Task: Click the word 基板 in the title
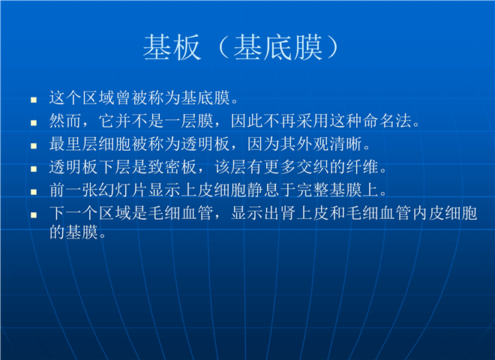pyautogui.click(x=172, y=48)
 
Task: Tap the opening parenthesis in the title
pyautogui.click(x=223, y=48)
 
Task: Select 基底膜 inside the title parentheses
pyautogui.click(x=277, y=48)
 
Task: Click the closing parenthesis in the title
pyautogui.click(x=332, y=48)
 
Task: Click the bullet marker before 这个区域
pyautogui.click(x=34, y=100)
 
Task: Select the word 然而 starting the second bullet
pyautogui.click(x=65, y=121)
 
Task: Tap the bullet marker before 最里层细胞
pyautogui.click(x=34, y=146)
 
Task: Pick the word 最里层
pyautogui.click(x=73, y=144)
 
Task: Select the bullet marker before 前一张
pyautogui.click(x=34, y=192)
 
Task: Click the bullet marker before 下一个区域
pyautogui.click(x=34, y=215)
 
